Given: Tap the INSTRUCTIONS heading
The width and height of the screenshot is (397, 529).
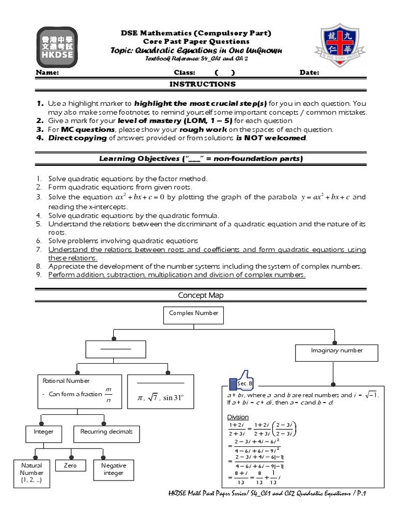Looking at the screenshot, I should (x=203, y=84).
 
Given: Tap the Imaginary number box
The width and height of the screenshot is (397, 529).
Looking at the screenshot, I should (x=337, y=350).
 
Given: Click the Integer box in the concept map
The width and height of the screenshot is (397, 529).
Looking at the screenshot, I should (x=43, y=431).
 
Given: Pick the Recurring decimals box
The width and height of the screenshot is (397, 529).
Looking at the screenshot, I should (x=106, y=431).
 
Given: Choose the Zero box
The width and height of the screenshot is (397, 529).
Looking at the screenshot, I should (x=70, y=465).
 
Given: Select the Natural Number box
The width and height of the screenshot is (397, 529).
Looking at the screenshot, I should (x=32, y=473).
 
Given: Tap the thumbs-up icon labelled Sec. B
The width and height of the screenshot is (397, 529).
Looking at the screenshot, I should (x=242, y=382).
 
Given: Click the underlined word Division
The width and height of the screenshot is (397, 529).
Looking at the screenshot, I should (x=238, y=416).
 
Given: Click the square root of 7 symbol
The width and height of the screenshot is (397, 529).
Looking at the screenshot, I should (x=154, y=398).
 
